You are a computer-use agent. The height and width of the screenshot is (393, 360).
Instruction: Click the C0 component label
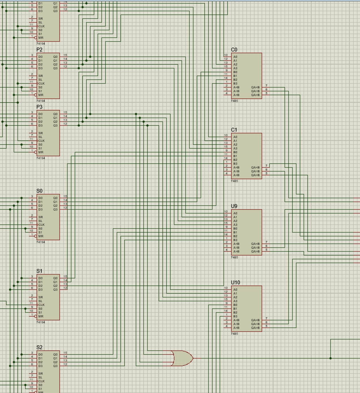point(234,50)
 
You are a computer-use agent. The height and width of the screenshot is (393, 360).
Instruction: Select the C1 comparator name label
point(234,130)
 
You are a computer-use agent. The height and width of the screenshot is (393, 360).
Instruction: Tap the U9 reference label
point(234,206)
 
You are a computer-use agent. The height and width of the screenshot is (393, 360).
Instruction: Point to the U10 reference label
point(235,282)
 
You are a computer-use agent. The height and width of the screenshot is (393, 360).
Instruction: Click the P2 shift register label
point(39,50)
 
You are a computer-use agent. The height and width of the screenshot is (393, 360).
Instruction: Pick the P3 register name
point(39,107)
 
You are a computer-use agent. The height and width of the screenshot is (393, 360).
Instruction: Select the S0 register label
point(39,191)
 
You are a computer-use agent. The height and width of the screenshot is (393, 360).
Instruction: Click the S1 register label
point(39,271)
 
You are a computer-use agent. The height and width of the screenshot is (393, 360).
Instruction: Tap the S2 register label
point(39,347)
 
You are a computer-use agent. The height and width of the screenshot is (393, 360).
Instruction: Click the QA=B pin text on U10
point(255,324)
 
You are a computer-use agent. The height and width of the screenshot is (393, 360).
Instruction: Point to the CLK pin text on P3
point(42,141)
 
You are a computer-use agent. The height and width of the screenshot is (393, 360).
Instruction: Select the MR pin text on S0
point(41,236)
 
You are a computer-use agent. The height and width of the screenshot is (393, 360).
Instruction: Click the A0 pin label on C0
point(235,57)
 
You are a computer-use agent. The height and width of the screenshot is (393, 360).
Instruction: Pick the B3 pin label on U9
point(235,240)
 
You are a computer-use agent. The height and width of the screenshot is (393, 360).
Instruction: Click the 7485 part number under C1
point(235,181)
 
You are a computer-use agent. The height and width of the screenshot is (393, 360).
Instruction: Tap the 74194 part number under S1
point(41,322)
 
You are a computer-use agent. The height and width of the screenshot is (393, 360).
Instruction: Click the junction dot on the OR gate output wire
point(331,358)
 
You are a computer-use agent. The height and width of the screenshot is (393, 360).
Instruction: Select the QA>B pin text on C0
point(255,95)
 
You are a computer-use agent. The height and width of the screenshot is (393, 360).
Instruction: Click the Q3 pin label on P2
point(55,68)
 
